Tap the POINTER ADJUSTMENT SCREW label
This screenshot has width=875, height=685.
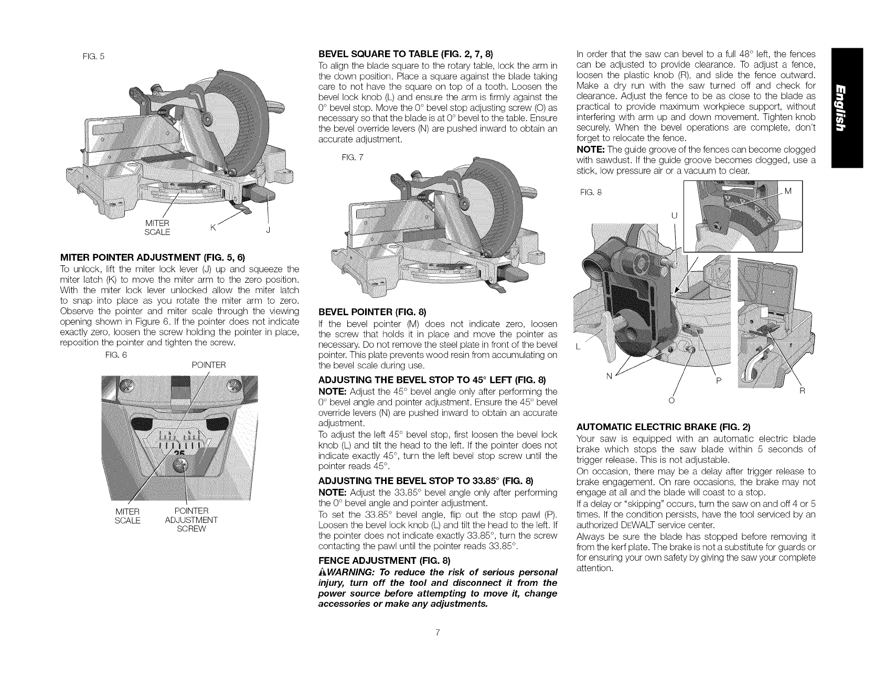[190, 520]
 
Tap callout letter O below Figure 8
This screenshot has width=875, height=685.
[669, 401]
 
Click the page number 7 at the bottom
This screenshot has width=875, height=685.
[437, 632]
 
